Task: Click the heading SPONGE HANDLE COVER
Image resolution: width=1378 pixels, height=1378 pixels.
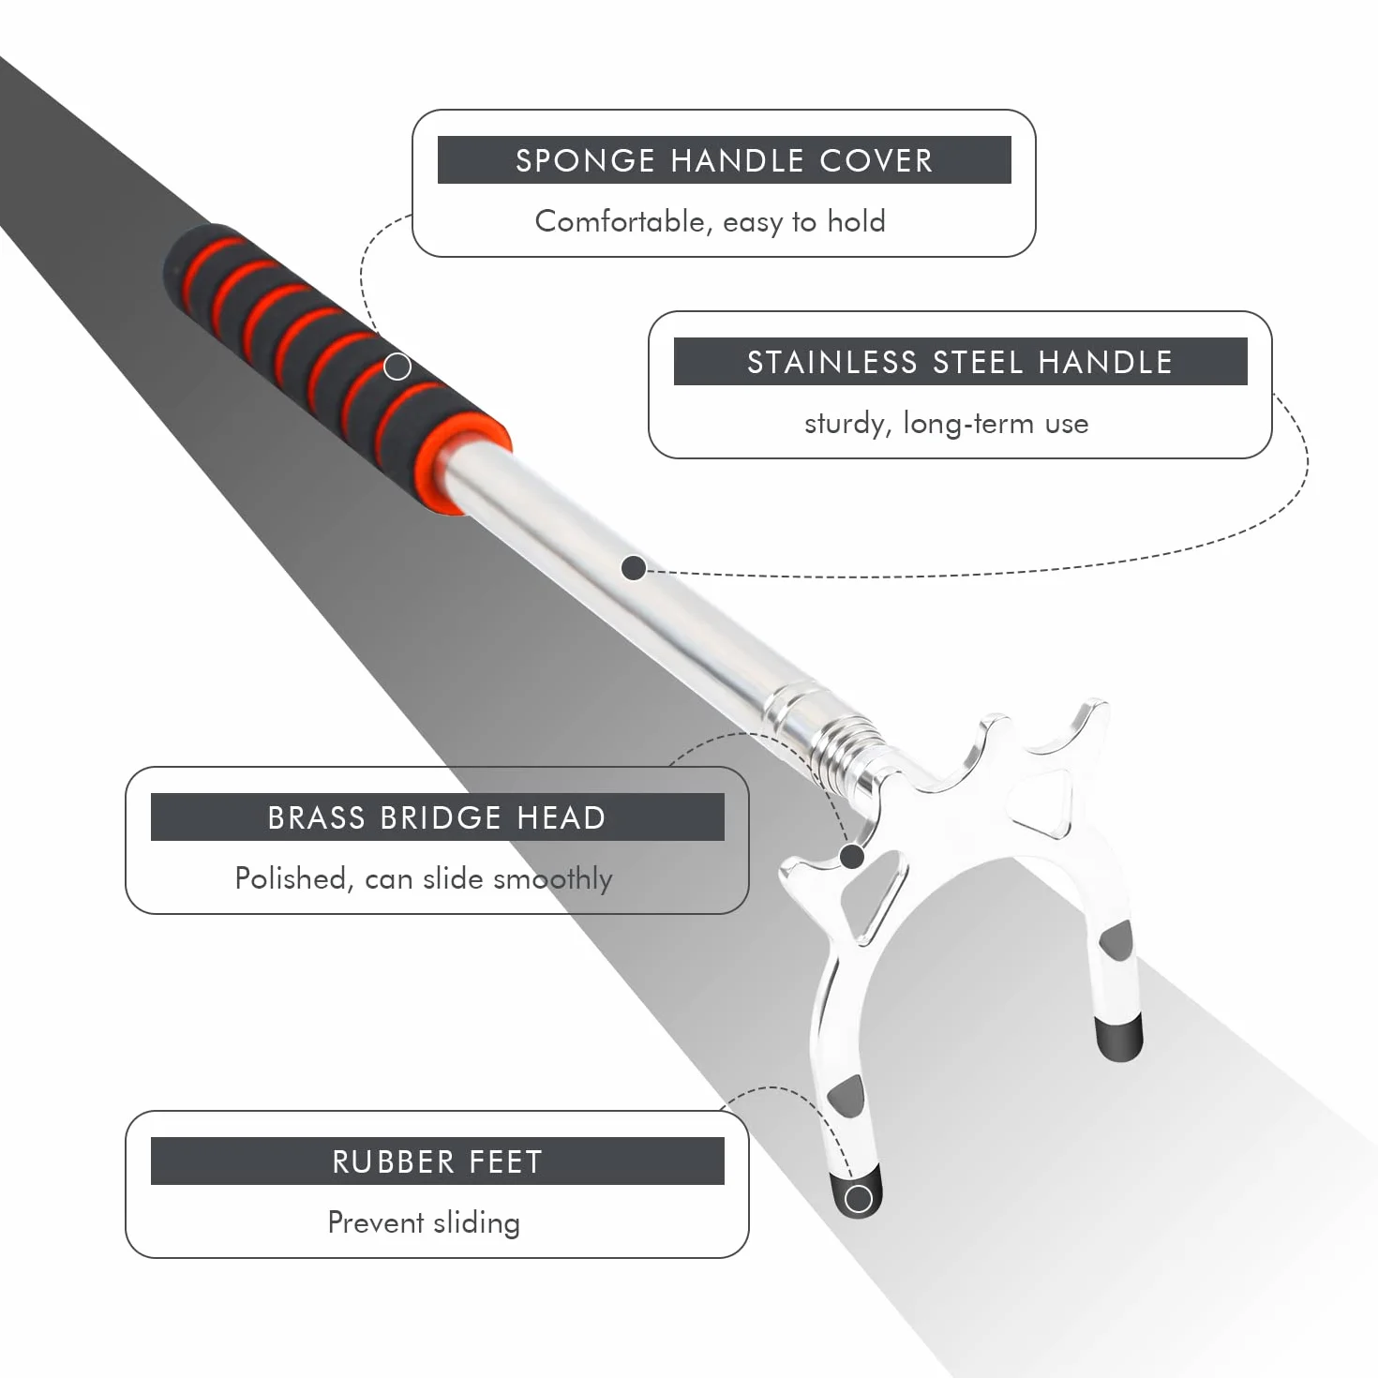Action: [x=724, y=160]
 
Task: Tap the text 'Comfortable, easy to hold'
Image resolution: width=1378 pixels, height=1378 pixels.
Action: [x=711, y=221]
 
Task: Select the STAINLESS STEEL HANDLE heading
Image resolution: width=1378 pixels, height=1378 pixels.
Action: [x=960, y=362]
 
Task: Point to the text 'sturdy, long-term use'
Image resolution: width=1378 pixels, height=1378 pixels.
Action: [x=946, y=424]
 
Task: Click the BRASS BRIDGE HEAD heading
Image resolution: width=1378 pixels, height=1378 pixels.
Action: [x=437, y=817]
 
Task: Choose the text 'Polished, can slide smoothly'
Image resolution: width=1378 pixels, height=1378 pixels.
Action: [x=424, y=879]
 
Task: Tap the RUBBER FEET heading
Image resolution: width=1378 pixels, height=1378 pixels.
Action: [x=437, y=1161]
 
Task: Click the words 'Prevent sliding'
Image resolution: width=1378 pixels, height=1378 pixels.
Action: [x=424, y=1222]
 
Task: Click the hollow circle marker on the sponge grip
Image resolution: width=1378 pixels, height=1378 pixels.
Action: [x=397, y=367]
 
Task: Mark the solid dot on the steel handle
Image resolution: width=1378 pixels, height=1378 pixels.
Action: [x=634, y=568]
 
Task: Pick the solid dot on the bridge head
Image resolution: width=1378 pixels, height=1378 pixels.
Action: [x=852, y=856]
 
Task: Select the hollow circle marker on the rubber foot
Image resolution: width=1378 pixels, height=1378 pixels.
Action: [x=858, y=1199]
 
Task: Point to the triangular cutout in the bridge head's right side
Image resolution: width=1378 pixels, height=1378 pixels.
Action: [x=1041, y=801]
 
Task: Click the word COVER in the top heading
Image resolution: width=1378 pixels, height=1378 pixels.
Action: [x=876, y=160]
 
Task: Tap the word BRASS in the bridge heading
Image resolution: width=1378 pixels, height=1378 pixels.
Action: [x=316, y=817]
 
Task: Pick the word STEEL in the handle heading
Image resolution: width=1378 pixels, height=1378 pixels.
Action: [x=979, y=362]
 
